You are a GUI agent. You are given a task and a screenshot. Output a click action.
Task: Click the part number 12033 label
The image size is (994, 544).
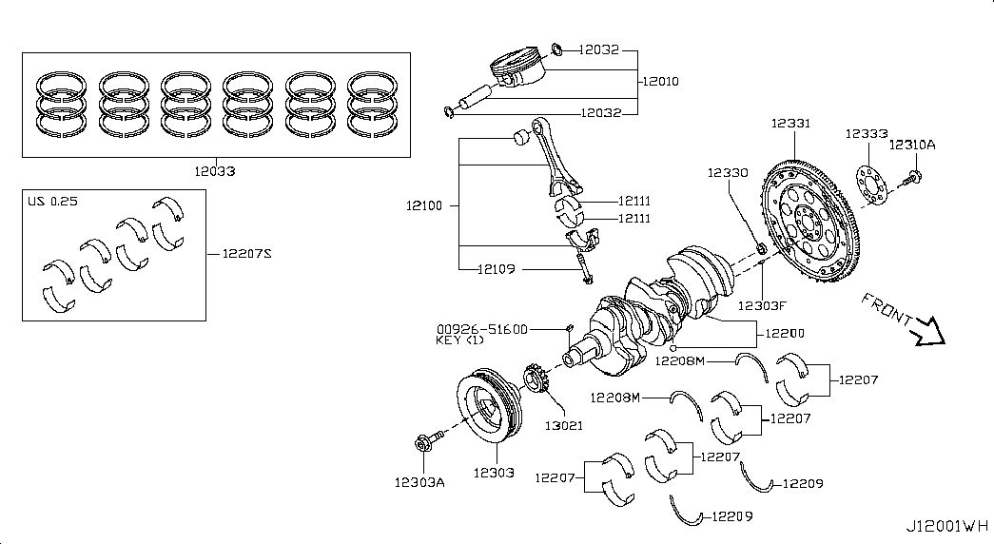(214, 172)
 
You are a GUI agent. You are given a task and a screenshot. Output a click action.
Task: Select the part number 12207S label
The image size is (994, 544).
(246, 253)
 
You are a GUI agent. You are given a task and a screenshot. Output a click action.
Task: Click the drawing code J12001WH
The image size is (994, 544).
(947, 526)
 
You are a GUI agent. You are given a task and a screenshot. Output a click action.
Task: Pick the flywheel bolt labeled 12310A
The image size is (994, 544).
(914, 176)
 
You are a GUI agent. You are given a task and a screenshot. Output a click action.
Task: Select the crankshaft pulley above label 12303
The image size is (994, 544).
(486, 410)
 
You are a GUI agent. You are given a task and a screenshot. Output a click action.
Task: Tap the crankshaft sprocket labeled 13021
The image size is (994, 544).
(536, 379)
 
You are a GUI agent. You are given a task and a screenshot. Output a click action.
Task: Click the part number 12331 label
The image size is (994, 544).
(790, 124)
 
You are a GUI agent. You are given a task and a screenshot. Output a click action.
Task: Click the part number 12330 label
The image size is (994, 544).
(728, 173)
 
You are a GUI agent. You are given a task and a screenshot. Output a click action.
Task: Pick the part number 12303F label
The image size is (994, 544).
(763, 305)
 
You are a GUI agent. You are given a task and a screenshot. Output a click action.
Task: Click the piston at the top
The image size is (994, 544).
(515, 72)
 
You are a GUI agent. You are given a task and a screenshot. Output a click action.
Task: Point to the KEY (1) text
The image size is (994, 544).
(461, 340)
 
